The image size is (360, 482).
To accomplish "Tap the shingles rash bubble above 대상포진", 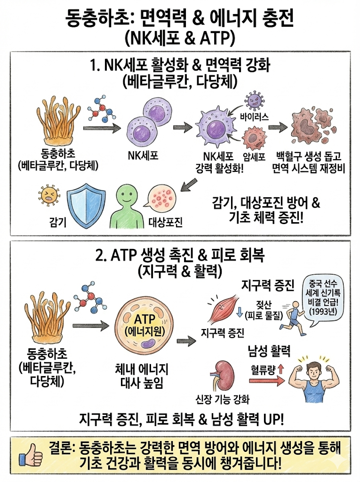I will (x=164, y=200).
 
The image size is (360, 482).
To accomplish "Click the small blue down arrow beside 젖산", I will (x=239, y=312).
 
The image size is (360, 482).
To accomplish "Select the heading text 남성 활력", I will (x=269, y=351).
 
